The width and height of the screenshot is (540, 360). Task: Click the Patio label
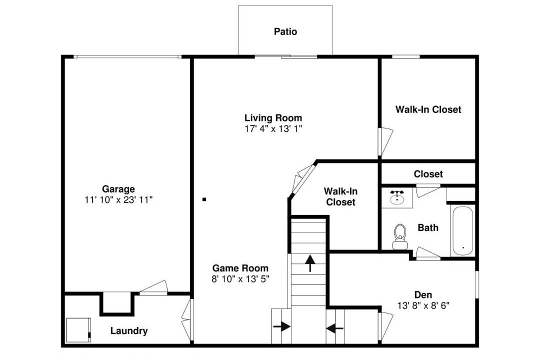coord(285,31)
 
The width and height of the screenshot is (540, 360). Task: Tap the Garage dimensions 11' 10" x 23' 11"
coord(118,200)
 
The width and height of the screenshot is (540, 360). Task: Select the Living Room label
coord(273,118)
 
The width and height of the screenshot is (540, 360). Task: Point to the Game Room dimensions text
coord(240,279)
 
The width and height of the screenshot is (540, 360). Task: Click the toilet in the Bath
coord(400,236)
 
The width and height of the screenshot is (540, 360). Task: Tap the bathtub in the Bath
coord(462,230)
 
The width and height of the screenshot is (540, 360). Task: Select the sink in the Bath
coord(397,197)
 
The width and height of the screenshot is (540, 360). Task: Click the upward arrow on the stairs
coord(310,263)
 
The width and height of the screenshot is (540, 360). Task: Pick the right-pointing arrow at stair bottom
coord(281,326)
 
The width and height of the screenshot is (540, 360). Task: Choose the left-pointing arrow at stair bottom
coord(334,328)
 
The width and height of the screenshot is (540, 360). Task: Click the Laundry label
coord(129,331)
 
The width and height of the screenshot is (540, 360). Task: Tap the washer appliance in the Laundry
coord(78,330)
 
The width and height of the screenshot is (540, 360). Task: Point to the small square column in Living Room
coord(204,199)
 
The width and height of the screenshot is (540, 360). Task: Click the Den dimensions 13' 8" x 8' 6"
coord(423,305)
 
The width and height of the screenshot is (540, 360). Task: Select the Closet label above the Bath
coord(428,174)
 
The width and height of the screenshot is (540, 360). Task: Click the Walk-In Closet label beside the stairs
coord(340,196)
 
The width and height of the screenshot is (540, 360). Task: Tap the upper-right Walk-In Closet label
coord(428,109)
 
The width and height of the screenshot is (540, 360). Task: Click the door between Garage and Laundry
coord(153,288)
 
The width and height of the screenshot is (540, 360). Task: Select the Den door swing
coord(385,326)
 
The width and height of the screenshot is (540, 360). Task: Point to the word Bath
coord(428,227)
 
